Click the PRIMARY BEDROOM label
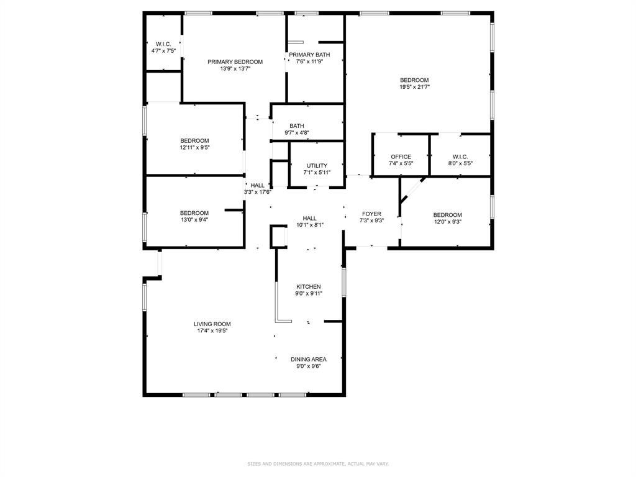coord(235,61)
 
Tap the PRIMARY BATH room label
coord(309,55)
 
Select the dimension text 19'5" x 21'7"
coord(414,88)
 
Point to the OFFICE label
coord(401,157)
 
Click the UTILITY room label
coord(317,166)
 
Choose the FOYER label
coord(371,214)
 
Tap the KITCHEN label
coord(308,286)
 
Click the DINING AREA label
coord(309,359)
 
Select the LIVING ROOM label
coord(212,324)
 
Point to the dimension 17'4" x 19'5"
coord(212,331)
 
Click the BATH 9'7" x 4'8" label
coord(296,126)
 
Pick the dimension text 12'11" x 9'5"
coord(194,148)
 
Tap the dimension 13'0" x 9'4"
coord(194,220)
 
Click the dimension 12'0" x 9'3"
coord(447,222)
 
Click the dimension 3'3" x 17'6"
coord(257,192)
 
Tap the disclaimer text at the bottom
coord(318,463)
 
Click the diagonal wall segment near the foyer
coord(413,189)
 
